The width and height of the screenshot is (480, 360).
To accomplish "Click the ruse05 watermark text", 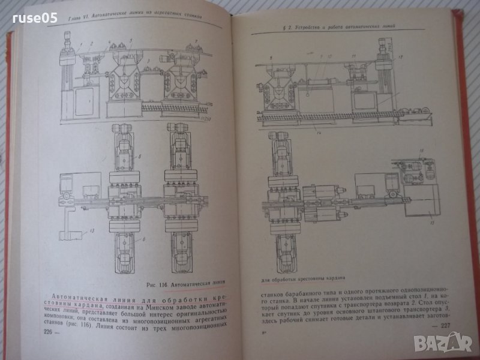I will pyautogui.click(x=37, y=19).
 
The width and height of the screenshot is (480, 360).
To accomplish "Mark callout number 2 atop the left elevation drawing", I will pyautogui.click(x=91, y=44).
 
